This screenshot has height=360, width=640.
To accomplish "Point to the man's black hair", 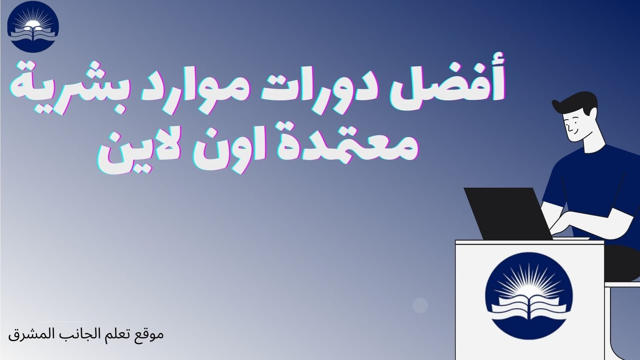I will click(x=576, y=102).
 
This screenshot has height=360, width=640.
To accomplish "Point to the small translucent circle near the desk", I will click(x=420, y=306).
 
